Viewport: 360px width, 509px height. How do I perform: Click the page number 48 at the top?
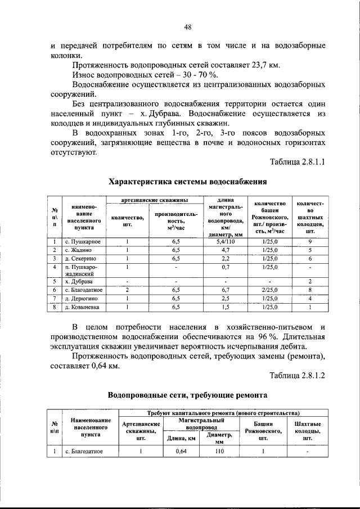pyautogui.click(x=187, y=26)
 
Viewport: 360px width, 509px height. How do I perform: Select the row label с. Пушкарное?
pyautogui.click(x=82, y=241)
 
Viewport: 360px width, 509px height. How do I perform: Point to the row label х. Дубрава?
pyautogui.click(x=78, y=281)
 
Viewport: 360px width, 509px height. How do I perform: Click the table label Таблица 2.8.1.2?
pyautogui.click(x=298, y=375)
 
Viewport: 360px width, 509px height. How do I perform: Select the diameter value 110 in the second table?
pyautogui.click(x=219, y=451)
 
